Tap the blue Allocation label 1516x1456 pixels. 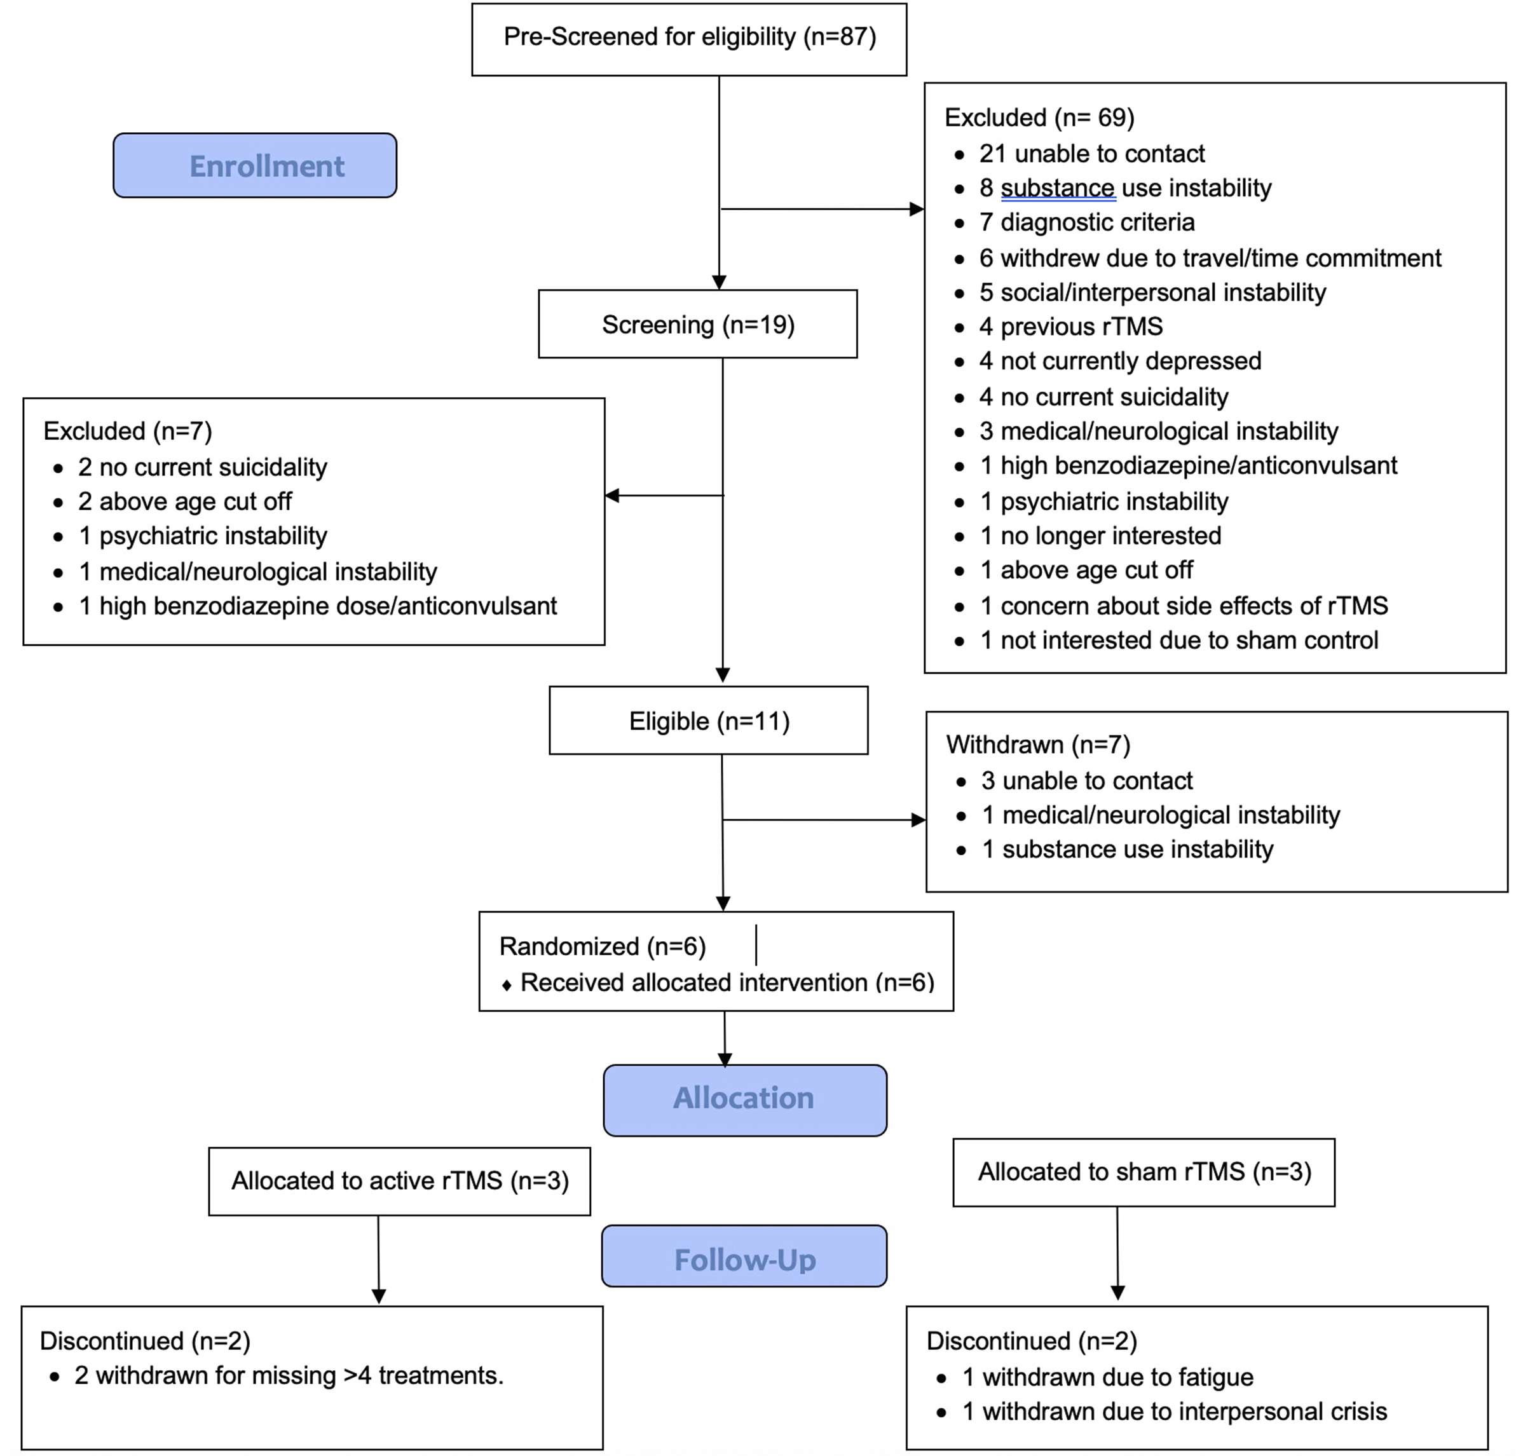point(745,1099)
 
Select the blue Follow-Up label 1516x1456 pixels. point(744,1258)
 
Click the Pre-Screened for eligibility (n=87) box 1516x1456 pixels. point(689,39)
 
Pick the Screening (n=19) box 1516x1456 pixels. point(698,324)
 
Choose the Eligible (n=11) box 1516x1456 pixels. point(709,721)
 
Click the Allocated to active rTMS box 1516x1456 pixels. point(399,1181)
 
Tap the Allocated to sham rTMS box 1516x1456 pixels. point(1144,1172)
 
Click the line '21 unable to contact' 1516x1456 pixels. point(1091,154)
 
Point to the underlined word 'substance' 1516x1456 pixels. point(1057,189)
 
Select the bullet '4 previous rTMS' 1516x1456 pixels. point(1070,326)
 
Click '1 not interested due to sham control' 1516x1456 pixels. point(1178,640)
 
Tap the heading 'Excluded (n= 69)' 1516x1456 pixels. point(1039,118)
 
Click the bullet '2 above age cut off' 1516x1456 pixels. point(185,501)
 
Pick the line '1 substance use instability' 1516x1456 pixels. point(1127,849)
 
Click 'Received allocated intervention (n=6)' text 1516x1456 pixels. point(727,982)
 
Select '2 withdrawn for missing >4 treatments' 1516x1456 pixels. point(289,1375)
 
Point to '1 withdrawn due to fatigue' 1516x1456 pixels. point(1108,1377)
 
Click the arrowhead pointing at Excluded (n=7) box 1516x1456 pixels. point(612,495)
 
